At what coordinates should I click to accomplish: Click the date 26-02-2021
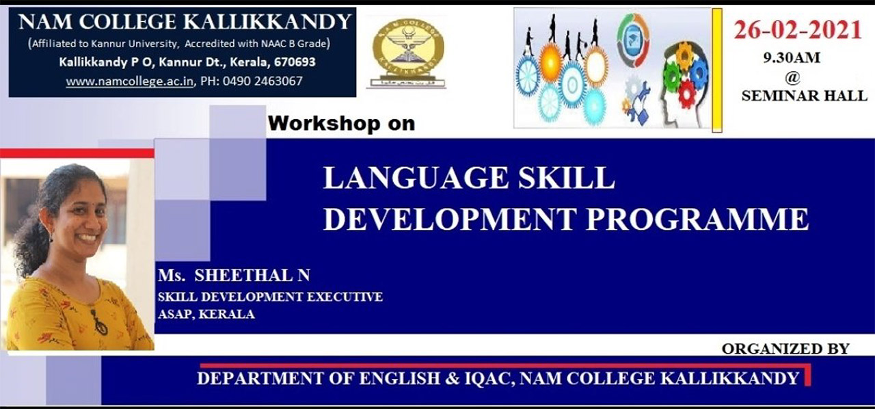(x=798, y=31)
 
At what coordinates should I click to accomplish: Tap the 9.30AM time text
(x=792, y=58)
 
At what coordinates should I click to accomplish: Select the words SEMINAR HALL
(x=805, y=96)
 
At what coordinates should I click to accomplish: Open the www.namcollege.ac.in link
(x=130, y=81)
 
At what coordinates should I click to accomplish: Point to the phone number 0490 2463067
(x=262, y=81)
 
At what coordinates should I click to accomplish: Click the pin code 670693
(x=295, y=62)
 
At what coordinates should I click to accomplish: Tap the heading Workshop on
(x=341, y=124)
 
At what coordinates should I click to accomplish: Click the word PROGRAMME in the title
(x=697, y=219)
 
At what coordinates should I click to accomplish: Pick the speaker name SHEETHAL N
(x=252, y=276)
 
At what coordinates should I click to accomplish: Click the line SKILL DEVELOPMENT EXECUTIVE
(x=270, y=297)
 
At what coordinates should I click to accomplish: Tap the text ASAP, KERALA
(x=206, y=315)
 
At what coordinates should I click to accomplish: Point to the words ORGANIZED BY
(x=785, y=349)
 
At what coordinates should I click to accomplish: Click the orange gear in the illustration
(x=551, y=62)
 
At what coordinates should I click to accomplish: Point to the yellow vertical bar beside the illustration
(x=717, y=70)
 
